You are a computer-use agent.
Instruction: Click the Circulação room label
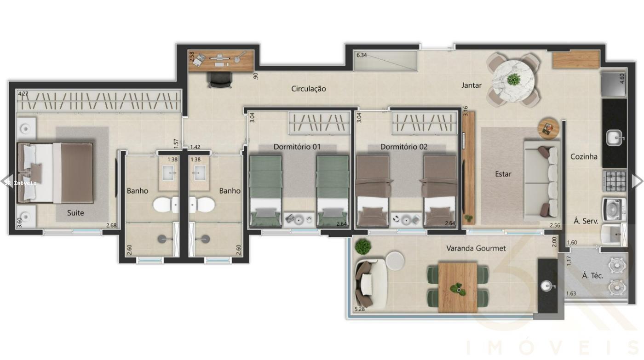coord(309,89)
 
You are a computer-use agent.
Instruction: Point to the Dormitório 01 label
coord(297,147)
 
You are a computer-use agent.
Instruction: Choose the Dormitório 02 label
coord(403,147)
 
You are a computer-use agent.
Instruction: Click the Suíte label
coord(75,213)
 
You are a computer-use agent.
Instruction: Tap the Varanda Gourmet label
coord(476,248)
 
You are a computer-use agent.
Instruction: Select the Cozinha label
coord(584,157)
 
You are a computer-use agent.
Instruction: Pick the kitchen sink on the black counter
coord(615,137)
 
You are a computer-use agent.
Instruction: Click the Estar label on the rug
coord(503,174)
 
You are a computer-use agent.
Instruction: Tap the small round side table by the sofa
coord(548,127)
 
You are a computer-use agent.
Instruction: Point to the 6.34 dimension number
coord(362,55)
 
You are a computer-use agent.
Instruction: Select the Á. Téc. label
coord(592,276)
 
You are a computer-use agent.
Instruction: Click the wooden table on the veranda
coord(457,287)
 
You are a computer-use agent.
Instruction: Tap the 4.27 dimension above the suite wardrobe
coord(23,94)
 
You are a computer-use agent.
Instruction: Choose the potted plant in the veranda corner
coord(363,246)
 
